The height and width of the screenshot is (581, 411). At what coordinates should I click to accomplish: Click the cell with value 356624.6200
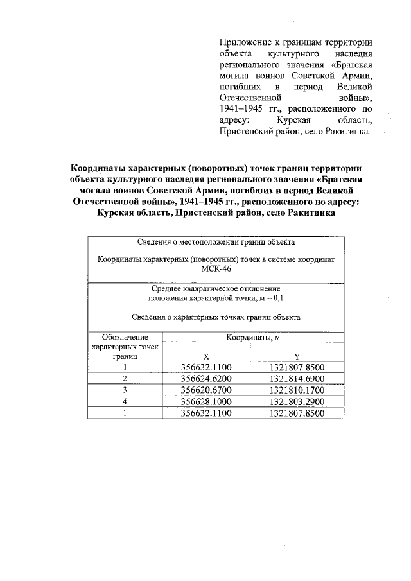[205, 379]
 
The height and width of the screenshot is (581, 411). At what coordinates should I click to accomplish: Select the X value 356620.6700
[205, 390]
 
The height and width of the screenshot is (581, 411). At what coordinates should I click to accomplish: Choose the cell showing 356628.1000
[205, 402]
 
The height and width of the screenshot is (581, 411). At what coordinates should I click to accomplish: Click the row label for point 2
[125, 379]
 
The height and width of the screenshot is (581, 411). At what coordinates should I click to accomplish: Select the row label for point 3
[125, 390]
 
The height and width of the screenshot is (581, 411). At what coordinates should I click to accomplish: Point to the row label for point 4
[125, 402]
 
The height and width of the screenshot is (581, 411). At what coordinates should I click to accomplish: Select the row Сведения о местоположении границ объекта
[216, 242]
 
